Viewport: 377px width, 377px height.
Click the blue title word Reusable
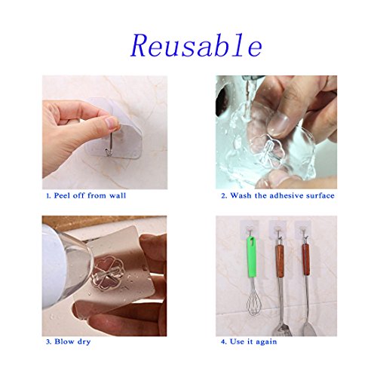[x=197, y=45]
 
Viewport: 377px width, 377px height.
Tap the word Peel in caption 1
[x=63, y=195]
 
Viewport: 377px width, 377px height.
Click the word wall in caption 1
[x=118, y=195]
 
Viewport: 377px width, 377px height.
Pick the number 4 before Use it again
[x=223, y=342]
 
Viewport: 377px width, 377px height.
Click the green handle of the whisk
[x=251, y=256]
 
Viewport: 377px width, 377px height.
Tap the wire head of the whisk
[x=253, y=303]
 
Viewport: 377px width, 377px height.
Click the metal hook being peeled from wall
[x=108, y=145]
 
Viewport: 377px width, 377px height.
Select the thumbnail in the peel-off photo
[x=111, y=123]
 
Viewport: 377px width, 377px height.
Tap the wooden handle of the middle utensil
[x=280, y=261]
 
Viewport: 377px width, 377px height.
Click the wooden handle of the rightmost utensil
[x=306, y=259]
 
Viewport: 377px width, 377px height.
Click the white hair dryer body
[x=54, y=266]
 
